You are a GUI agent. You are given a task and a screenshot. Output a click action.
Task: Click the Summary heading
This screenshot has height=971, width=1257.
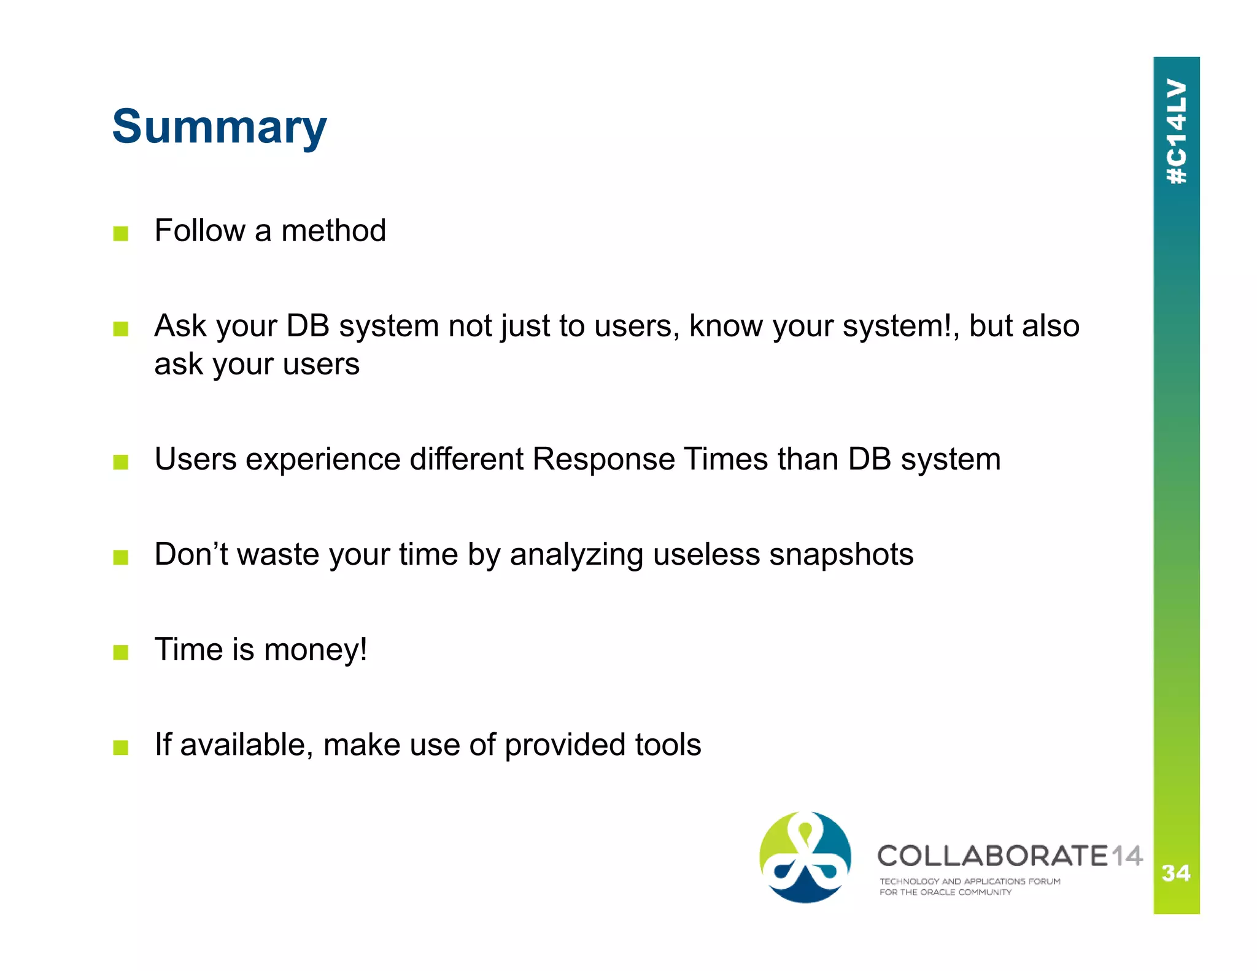[x=219, y=127]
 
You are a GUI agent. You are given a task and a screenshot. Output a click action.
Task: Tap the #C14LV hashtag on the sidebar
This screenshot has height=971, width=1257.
[x=1176, y=131]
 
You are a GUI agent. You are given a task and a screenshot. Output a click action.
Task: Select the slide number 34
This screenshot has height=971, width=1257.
[x=1176, y=872]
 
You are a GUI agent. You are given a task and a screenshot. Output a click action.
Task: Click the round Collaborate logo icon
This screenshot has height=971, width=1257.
[x=805, y=857]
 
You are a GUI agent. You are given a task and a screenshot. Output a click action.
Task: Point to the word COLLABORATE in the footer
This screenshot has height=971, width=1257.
[x=992, y=856]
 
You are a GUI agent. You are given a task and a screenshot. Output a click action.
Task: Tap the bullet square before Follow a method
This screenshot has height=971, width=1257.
[x=121, y=233]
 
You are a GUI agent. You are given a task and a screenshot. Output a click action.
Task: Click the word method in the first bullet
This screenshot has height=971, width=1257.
[x=333, y=231]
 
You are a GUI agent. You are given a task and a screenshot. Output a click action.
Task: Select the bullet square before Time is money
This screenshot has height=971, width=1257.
[x=121, y=652]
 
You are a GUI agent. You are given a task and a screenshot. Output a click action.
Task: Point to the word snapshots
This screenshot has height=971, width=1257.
[x=841, y=555]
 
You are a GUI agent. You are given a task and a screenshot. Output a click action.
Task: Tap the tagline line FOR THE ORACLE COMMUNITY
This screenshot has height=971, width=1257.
[x=945, y=892]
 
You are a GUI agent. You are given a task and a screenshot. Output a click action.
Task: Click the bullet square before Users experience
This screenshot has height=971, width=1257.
[x=121, y=462]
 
